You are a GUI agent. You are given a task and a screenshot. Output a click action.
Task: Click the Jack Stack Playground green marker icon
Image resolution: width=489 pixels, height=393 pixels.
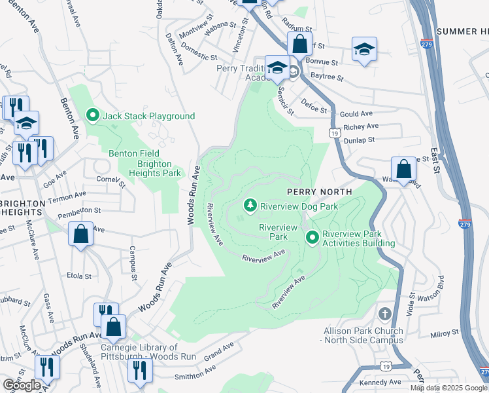point(92,116)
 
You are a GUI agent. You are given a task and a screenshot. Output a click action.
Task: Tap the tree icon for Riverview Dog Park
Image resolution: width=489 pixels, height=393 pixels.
point(250,206)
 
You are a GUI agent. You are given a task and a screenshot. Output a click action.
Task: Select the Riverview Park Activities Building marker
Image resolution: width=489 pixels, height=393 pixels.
point(312,237)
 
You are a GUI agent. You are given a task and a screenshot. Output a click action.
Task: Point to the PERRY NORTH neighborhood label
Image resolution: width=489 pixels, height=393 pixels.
point(319,191)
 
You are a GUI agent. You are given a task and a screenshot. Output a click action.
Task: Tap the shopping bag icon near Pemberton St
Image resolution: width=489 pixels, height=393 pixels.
point(80,234)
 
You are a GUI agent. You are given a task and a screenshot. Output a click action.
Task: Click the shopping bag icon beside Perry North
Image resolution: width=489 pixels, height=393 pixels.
point(404,169)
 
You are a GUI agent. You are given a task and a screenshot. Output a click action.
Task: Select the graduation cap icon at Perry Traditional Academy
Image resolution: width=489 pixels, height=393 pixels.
point(277,67)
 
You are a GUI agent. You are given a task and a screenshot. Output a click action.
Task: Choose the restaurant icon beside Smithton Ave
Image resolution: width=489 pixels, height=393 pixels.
point(140,371)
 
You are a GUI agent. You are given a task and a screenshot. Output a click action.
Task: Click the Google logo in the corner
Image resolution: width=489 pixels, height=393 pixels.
point(22,385)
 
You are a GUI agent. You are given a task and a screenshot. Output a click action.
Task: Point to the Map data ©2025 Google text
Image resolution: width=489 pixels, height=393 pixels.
point(448,388)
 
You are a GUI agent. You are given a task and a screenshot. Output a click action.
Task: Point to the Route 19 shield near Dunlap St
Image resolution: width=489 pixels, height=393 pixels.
point(335,133)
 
